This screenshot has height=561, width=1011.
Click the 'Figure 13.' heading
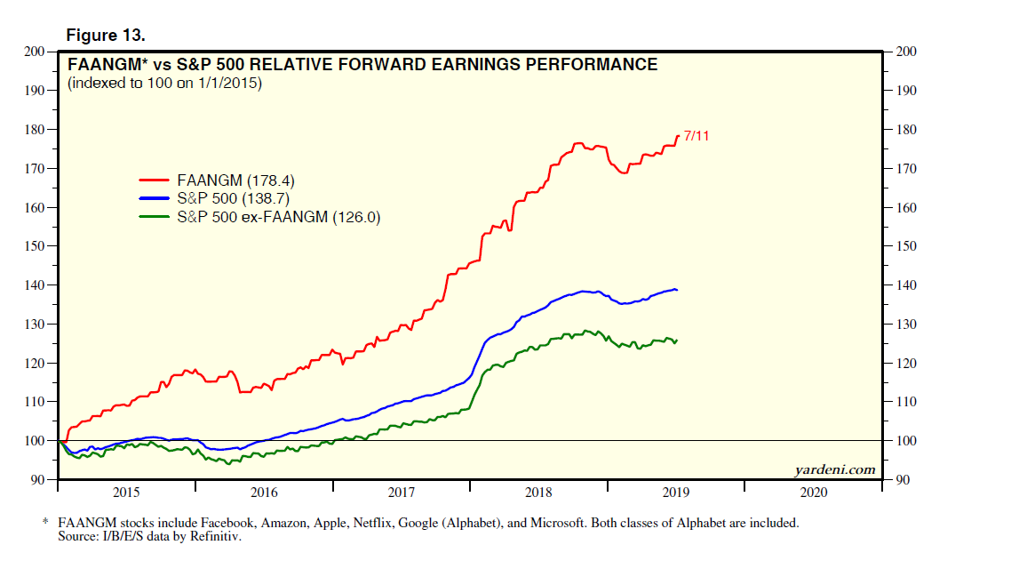(x=106, y=35)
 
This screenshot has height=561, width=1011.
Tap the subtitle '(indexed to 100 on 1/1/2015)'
(x=164, y=84)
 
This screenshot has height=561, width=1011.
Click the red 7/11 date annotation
(x=697, y=136)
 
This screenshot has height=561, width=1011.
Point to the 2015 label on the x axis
(x=126, y=492)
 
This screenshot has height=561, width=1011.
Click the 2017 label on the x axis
(x=402, y=492)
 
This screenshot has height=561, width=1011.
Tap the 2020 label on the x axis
(x=813, y=492)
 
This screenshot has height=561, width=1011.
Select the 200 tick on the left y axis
(x=36, y=52)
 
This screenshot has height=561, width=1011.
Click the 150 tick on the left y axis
(x=36, y=246)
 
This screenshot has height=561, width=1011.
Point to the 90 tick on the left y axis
(x=39, y=480)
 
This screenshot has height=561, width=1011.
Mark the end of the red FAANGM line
(x=679, y=136)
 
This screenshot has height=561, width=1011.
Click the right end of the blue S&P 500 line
(x=678, y=290)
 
